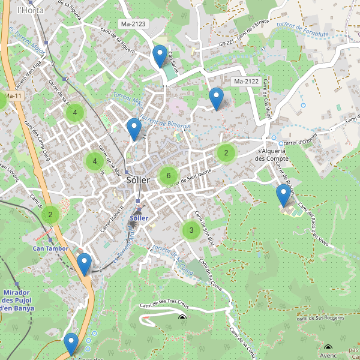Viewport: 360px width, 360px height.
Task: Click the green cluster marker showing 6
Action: coord(169,176)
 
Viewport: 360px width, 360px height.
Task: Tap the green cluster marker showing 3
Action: coord(191,230)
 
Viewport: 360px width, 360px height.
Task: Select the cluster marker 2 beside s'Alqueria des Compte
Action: coord(226,152)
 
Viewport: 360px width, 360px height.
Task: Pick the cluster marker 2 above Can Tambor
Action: coord(50,214)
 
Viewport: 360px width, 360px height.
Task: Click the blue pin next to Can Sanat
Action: coord(160,56)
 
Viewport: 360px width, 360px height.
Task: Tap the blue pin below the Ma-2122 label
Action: coord(216,98)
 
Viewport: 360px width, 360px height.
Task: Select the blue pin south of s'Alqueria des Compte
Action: coord(283,196)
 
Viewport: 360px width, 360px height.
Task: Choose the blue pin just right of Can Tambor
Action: coord(85,264)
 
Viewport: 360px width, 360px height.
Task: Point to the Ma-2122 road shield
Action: coord(247,82)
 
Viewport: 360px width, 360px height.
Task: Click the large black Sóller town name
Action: coord(139,180)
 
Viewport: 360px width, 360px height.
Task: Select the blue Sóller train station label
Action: coord(139,218)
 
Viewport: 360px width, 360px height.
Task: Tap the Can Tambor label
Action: coord(50,248)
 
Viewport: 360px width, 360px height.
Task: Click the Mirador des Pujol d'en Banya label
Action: coord(17,300)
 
